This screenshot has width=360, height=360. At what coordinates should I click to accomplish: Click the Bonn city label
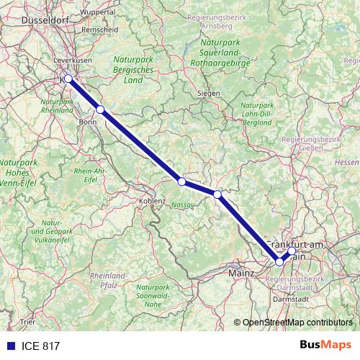click(87, 122)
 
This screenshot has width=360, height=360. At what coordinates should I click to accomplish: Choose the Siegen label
click(208, 93)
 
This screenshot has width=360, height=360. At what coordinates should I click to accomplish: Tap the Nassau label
click(184, 205)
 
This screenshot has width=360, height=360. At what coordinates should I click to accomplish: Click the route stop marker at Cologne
click(68, 78)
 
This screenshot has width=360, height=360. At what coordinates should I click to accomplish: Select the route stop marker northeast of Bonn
click(101, 109)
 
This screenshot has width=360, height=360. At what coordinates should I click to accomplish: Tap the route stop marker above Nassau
click(182, 181)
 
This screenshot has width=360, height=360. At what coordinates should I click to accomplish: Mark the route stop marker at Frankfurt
click(279, 261)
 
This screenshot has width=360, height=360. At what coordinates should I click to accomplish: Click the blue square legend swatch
click(11, 346)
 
